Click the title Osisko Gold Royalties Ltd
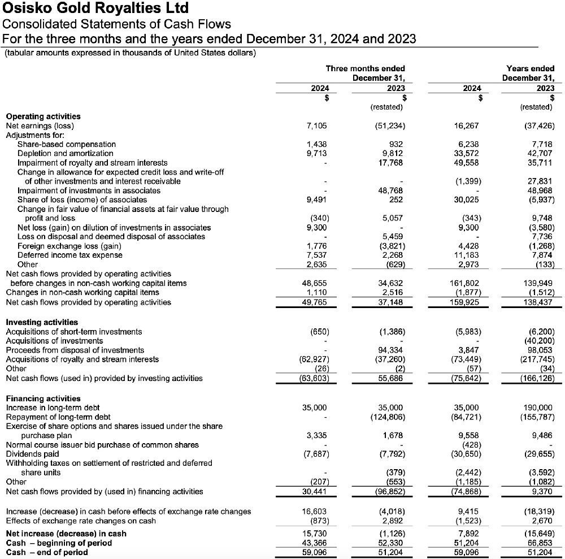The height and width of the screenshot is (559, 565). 95,8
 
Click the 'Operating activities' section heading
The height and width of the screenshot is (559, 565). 43,116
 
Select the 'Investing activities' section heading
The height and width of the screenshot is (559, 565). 42,322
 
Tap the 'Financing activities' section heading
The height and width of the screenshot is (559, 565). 43,398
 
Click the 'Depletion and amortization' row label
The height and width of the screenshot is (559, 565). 65,153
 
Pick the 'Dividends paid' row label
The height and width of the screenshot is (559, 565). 32,454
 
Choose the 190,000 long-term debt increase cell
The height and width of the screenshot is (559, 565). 539,408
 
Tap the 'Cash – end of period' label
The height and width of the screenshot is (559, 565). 47,552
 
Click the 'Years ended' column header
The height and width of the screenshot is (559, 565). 531,68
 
